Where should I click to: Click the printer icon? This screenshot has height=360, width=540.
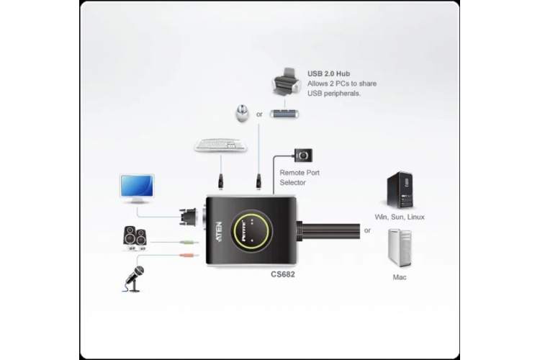pos(287,82)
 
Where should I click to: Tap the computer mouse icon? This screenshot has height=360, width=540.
pos(243,113)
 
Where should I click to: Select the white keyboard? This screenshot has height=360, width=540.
pos(220,145)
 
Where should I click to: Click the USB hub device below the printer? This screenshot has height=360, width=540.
pos(284,113)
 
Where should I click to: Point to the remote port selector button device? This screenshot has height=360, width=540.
pos(303,156)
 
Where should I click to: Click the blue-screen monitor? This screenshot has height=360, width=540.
pos(137,189)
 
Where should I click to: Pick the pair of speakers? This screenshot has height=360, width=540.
pos(135,238)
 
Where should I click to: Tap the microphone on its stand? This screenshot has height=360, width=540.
pos(135,279)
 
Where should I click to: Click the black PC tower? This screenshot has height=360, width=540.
pos(400,190)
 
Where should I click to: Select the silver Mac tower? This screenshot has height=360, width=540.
pos(400,248)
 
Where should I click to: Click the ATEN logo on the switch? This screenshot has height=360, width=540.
pos(219,232)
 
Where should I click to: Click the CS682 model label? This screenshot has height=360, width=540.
pos(283,274)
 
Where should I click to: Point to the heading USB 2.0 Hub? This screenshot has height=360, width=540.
pos(328,73)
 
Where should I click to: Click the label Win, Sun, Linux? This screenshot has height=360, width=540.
pos(400,217)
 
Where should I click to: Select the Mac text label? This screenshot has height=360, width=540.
pos(400,277)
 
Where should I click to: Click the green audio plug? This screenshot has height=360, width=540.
pos(189,243)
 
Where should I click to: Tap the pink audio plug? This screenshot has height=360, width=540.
pos(189,256)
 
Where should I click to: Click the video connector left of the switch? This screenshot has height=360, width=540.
pos(188,217)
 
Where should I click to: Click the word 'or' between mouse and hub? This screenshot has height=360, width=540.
pos(259,114)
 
